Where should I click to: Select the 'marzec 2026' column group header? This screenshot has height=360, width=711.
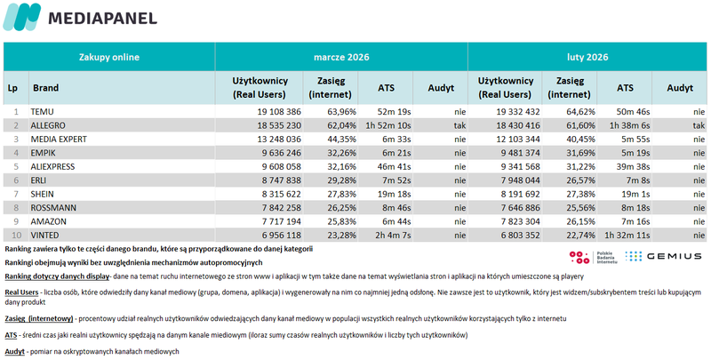coord(341,56)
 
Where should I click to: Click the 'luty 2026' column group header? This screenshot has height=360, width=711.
coord(587,56)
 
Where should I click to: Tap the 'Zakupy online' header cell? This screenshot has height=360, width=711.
coord(108,56)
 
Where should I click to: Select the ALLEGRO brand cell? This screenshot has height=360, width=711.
coord(49,126)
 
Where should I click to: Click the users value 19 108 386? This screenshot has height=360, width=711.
coord(271,112)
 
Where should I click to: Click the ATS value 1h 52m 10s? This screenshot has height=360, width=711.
coord(387,126)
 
